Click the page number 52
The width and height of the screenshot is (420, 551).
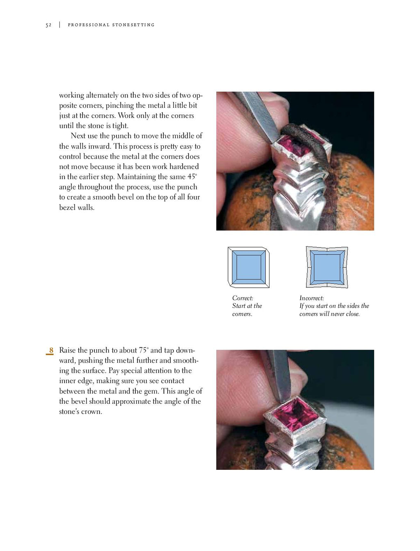48,25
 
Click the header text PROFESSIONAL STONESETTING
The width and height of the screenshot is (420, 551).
111,25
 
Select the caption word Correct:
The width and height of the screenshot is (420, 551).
242,298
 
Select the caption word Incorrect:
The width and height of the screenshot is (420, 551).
311,298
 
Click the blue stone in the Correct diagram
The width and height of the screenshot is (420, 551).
249,267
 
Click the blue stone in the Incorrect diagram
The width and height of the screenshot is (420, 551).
327,267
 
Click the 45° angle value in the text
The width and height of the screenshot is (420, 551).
192,177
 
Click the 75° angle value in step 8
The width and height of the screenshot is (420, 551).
144,351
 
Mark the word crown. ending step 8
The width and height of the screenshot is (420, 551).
91,412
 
